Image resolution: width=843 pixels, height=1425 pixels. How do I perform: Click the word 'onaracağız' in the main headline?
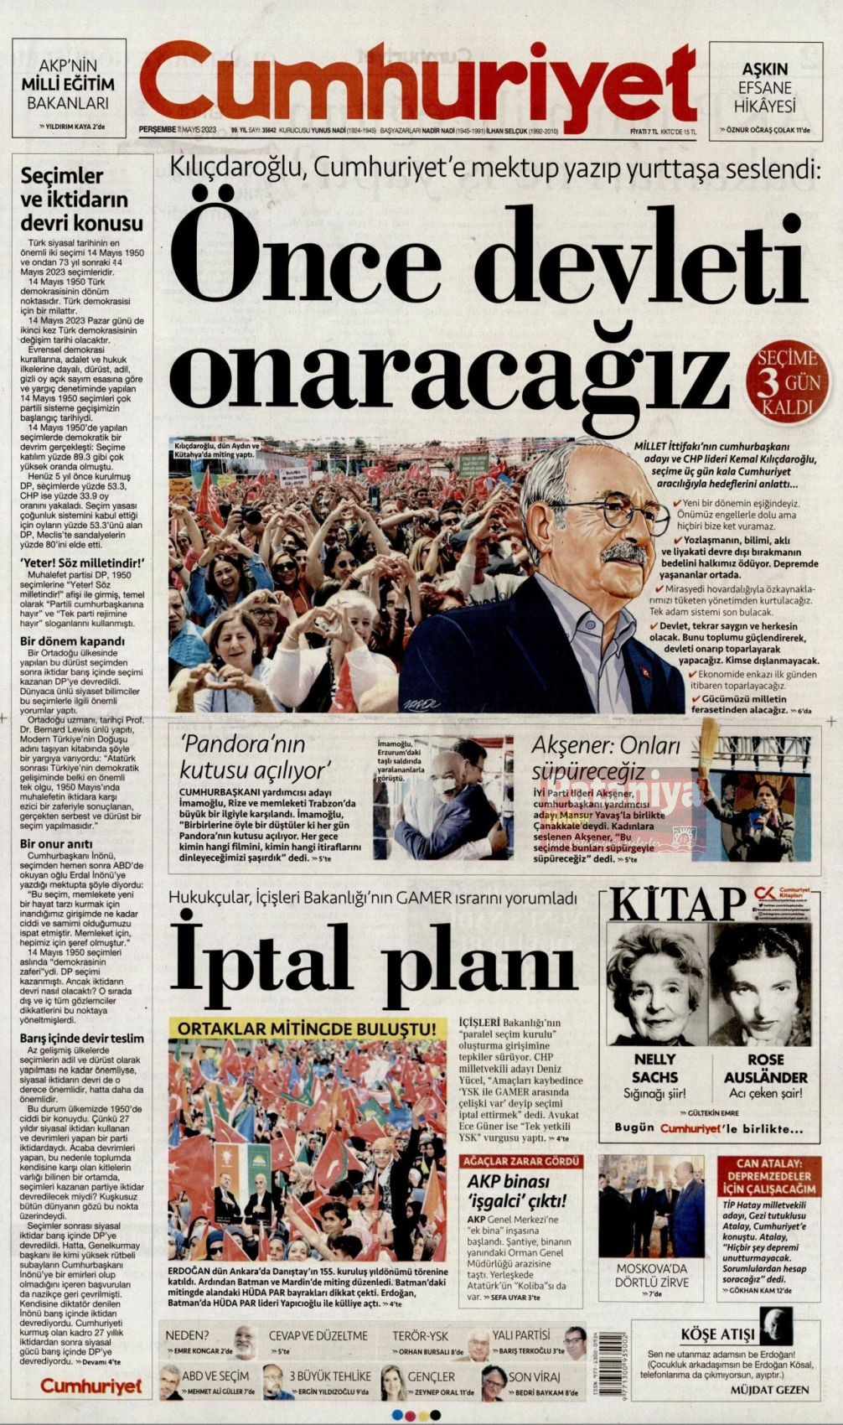[x=453, y=369]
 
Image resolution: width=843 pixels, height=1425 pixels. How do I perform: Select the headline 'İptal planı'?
[x=374, y=957]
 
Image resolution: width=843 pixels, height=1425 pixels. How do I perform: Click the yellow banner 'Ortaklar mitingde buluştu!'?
[x=308, y=1027]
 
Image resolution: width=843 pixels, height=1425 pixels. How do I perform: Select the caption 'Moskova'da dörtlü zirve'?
[x=652, y=1275]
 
